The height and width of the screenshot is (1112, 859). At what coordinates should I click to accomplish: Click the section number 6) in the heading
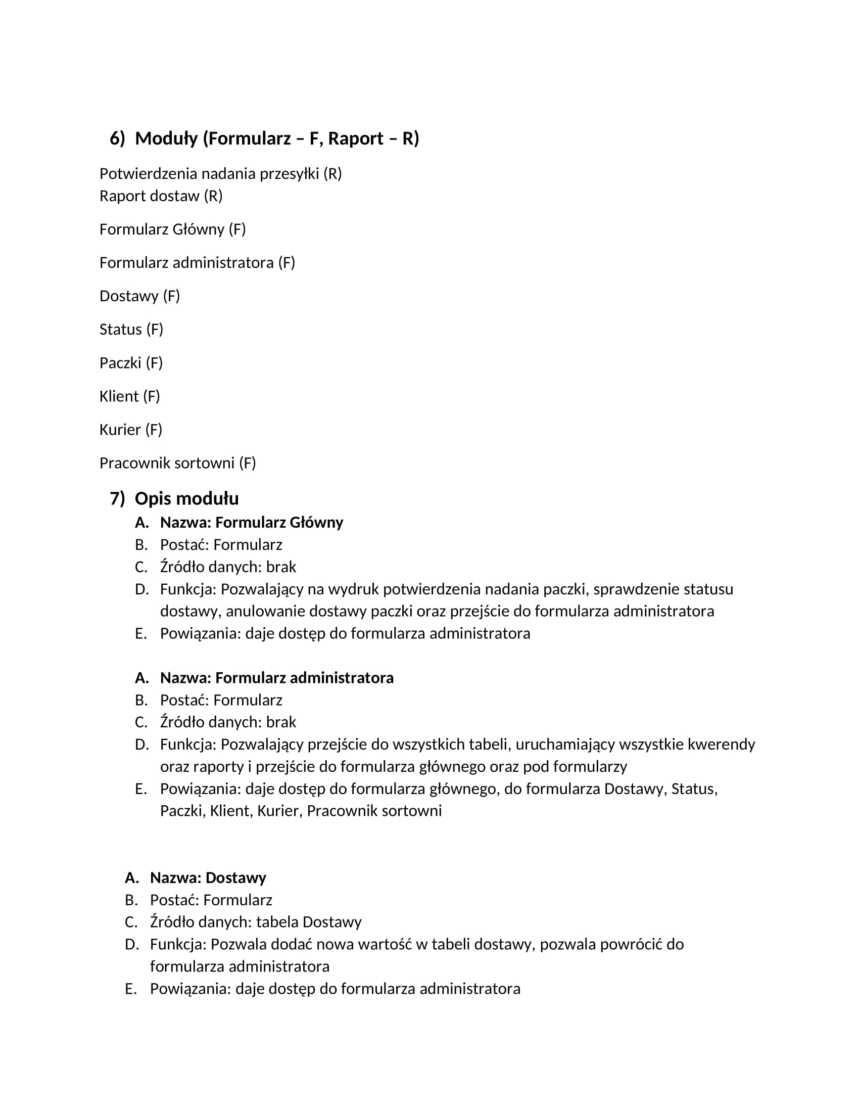tap(118, 138)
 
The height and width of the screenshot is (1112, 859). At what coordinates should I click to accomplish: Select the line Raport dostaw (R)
tap(161, 196)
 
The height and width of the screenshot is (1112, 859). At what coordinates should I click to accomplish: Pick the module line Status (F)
tap(131, 330)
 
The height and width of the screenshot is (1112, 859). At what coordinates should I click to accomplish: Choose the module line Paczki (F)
tap(131, 363)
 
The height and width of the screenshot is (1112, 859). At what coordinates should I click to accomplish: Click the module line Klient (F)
tap(130, 396)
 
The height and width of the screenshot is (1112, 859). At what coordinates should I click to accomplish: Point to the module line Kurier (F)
tap(131, 430)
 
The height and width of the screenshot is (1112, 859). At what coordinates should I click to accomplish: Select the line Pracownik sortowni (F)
tap(177, 463)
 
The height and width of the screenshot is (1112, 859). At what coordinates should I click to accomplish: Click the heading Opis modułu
tap(187, 498)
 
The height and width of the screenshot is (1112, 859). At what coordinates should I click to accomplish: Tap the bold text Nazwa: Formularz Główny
tap(252, 523)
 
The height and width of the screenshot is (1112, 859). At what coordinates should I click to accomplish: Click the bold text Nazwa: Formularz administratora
tap(277, 678)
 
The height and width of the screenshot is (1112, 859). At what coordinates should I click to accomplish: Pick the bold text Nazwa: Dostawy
tap(208, 878)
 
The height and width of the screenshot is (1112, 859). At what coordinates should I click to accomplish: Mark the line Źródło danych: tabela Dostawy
tap(256, 922)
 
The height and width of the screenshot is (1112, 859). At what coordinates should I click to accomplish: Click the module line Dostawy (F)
tap(139, 296)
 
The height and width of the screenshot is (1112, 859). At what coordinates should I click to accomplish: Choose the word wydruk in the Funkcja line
tap(353, 589)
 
